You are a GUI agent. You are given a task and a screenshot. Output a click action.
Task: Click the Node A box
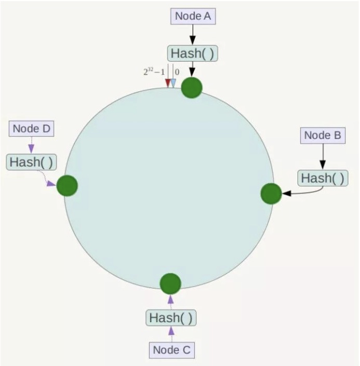click(x=193, y=16)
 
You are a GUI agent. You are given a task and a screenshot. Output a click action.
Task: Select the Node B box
click(x=323, y=135)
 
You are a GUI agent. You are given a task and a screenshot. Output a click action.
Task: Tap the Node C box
click(x=172, y=349)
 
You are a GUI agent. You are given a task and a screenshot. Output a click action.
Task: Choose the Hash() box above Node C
click(x=171, y=317)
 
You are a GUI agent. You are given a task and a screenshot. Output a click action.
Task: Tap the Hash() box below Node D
click(x=31, y=161)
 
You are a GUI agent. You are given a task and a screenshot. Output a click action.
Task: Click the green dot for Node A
click(x=192, y=87)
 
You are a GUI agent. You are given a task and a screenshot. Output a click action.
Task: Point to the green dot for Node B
click(x=271, y=194)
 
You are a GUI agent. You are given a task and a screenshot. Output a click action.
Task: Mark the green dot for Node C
click(x=170, y=283)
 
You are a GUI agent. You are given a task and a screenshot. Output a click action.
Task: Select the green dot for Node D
click(x=67, y=185)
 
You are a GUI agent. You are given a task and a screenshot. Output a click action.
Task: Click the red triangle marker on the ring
click(x=167, y=83)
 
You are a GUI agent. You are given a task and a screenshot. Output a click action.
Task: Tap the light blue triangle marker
click(x=174, y=83)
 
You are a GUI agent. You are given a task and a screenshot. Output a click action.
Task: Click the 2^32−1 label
click(x=154, y=72)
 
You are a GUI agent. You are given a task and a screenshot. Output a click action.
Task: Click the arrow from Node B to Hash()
click(x=323, y=156)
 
